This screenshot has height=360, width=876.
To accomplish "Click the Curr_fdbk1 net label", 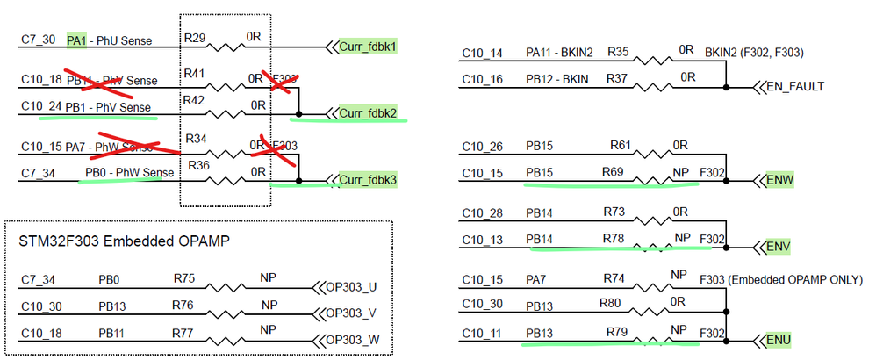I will point(369,45).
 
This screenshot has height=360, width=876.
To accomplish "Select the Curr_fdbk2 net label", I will point(369,113).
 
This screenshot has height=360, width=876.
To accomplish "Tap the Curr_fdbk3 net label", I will point(369,181).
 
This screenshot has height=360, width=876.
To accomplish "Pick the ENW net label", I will point(779,180).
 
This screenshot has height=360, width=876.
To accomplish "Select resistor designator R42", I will point(194,102).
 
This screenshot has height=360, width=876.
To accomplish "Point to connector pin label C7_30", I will point(38,40).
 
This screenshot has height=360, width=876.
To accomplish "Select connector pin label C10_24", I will point(41,106).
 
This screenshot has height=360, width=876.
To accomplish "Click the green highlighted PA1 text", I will point(77,40).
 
